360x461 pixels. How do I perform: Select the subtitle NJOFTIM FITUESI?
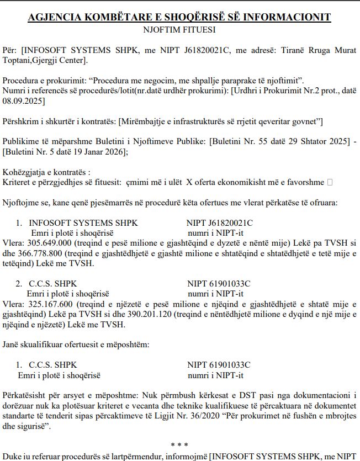(179, 30)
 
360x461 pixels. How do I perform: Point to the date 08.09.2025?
(23, 101)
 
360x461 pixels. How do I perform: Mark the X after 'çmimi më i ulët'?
(189, 182)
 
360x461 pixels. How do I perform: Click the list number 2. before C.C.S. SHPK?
(19, 284)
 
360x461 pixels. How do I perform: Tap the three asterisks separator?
(180, 444)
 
